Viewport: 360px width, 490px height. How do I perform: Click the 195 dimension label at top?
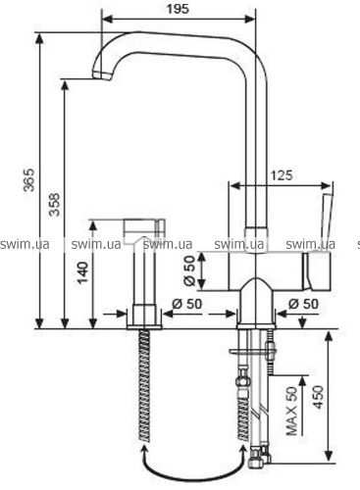[178, 9]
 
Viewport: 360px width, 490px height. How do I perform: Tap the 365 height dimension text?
[28, 180]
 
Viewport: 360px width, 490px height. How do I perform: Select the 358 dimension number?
[55, 205]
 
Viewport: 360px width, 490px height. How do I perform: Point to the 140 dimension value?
[82, 272]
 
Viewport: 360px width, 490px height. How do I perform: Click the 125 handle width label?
[282, 175]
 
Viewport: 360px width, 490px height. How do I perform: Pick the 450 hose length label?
[317, 397]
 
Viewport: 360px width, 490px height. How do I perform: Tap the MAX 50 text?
[292, 411]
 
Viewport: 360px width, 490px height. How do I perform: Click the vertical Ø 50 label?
[189, 270]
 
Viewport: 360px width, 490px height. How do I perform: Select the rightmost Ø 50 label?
[303, 304]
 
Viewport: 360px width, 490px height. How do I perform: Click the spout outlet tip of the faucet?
[102, 75]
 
